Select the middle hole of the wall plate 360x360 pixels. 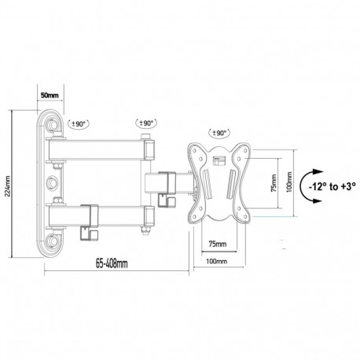(53, 184)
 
